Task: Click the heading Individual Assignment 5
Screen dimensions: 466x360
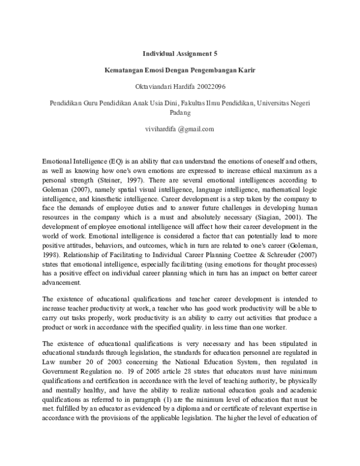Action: point(179,53)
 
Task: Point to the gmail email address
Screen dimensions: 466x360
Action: point(180,129)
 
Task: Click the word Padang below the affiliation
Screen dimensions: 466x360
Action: point(179,112)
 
